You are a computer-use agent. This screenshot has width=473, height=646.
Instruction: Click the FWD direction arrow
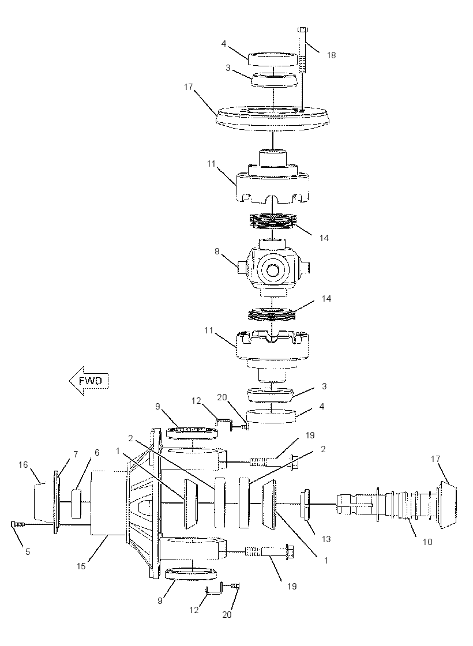(x=88, y=381)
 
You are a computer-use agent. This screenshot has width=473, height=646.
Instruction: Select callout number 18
(x=331, y=55)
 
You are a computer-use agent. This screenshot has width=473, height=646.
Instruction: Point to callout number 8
(x=217, y=250)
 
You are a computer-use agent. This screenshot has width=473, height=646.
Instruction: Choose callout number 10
(x=427, y=542)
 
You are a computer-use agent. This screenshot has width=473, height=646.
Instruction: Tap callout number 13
(x=326, y=539)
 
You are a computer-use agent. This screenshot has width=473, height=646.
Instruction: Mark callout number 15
(x=81, y=566)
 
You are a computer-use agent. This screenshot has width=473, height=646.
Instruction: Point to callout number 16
(x=23, y=465)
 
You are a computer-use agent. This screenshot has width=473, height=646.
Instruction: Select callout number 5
(x=28, y=551)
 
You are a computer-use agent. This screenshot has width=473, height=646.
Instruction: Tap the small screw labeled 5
(x=17, y=524)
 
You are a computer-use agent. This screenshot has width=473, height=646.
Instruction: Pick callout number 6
(x=97, y=452)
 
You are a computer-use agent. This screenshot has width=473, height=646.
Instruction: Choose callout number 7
(x=76, y=454)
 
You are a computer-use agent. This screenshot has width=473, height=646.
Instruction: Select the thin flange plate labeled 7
(x=57, y=502)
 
